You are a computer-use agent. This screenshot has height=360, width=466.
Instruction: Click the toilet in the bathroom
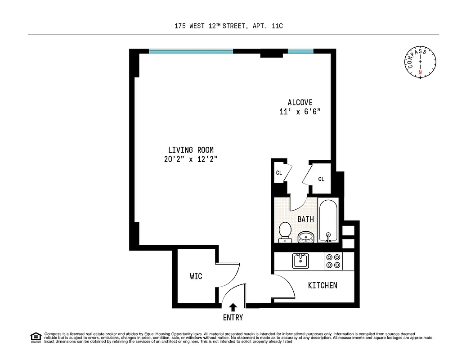pyautogui.click(x=285, y=231)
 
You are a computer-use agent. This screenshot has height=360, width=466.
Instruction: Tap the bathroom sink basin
pyautogui.click(x=306, y=236)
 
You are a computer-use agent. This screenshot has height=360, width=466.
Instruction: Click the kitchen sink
pyautogui.click(x=300, y=261)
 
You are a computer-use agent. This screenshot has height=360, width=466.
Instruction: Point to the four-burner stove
pyautogui.click(x=333, y=261)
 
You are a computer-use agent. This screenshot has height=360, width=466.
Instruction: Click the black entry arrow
pyautogui.click(x=233, y=307)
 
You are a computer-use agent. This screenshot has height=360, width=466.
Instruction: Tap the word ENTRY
pyautogui.click(x=233, y=318)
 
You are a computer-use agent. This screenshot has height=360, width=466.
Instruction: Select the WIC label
pyautogui.click(x=196, y=276)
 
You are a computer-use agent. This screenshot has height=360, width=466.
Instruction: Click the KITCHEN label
pyautogui.click(x=323, y=285)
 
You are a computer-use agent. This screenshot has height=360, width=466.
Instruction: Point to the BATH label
pyautogui.click(x=306, y=219)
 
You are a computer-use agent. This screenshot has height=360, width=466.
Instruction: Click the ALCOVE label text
pyautogui.click(x=300, y=103)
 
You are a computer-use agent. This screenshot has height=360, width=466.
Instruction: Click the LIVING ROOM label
pyautogui.click(x=191, y=150)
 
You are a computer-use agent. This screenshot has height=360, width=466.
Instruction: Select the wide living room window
pyautogui.click(x=191, y=51)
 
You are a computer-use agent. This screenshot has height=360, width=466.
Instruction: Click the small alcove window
pyautogui.click(x=300, y=51)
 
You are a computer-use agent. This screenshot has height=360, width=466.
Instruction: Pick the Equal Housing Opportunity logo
pyautogui.click(x=36, y=337)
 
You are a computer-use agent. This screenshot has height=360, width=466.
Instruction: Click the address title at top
pyautogui.click(x=229, y=27)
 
